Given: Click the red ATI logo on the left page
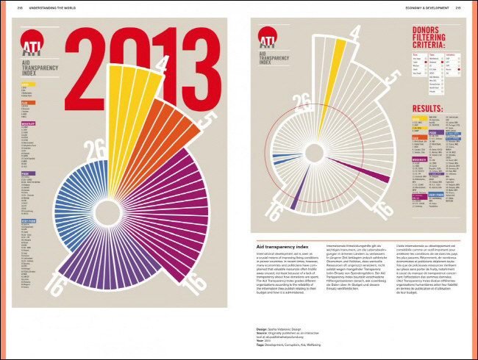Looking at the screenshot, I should (32, 46).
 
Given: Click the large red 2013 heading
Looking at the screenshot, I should (137, 50).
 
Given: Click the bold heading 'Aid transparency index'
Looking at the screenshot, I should (282, 245).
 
